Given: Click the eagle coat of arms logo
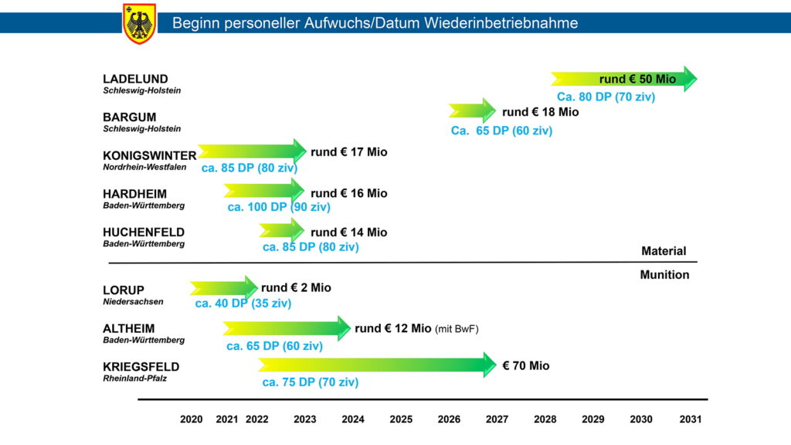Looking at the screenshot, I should [x=140, y=23].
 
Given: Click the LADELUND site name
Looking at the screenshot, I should [x=135, y=79].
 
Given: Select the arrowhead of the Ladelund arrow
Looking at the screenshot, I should [x=689, y=79].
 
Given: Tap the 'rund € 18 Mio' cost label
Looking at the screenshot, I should [x=540, y=112].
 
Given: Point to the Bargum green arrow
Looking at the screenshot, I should [x=471, y=111].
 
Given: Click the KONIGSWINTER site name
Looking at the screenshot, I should [x=150, y=155].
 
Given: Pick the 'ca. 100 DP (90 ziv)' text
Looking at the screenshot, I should [x=279, y=207].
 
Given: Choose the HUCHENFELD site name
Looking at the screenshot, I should [x=144, y=232].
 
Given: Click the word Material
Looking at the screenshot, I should [x=664, y=251].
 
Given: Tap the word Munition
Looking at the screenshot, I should [x=664, y=275].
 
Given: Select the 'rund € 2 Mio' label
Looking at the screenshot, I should [x=296, y=288].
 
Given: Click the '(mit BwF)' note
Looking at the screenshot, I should [x=457, y=329].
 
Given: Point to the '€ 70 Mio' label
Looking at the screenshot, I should [x=526, y=365].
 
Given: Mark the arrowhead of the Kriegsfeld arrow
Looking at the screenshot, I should [x=489, y=365].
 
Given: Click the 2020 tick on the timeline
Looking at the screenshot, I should [x=191, y=420].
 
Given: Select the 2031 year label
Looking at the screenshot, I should [x=690, y=420].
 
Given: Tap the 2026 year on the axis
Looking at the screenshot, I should [x=449, y=420].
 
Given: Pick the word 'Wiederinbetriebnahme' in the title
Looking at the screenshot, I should [x=501, y=23].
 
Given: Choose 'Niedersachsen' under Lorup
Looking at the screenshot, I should [x=133, y=302].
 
